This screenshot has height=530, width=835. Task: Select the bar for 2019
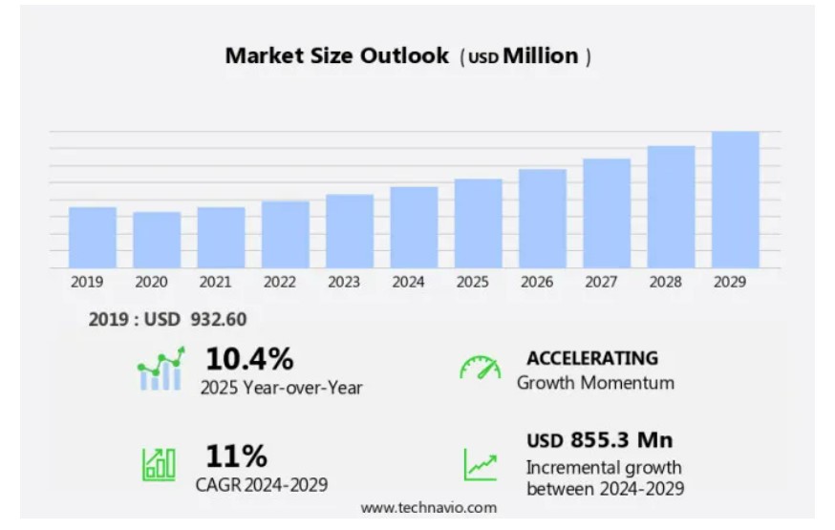(x=93, y=237)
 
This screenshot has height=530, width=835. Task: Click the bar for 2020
(x=157, y=240)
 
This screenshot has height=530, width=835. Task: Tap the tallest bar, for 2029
(x=736, y=200)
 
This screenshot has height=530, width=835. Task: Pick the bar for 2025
(x=478, y=223)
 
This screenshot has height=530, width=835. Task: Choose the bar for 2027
(x=607, y=213)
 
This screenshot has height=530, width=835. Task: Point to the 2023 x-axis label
(x=344, y=283)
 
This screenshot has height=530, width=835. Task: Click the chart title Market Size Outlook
(x=336, y=56)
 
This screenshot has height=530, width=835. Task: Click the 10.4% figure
(x=249, y=359)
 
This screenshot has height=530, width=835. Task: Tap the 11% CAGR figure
(x=236, y=456)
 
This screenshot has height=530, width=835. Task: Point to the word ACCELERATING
(x=592, y=358)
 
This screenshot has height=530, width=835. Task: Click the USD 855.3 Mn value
(x=599, y=440)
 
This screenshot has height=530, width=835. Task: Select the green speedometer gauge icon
(x=480, y=369)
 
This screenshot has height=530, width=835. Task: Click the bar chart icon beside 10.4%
(x=160, y=371)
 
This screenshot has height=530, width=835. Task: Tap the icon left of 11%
(x=159, y=465)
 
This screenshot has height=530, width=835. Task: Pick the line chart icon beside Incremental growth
(x=481, y=465)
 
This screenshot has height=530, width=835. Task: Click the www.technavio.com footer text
(x=429, y=507)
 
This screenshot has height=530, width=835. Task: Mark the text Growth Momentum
(x=595, y=383)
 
